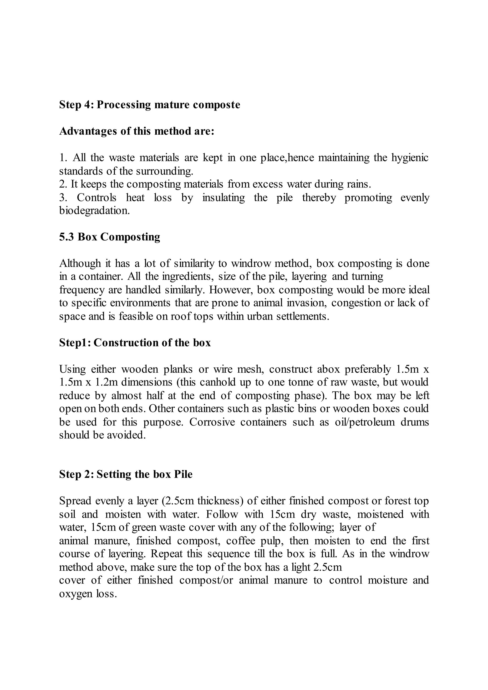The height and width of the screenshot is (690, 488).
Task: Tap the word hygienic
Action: pos(410,158)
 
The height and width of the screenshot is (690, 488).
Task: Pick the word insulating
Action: pos(224,198)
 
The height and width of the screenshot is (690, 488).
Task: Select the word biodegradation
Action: pos(94,211)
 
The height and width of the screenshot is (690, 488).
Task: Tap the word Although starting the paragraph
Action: pos(80,264)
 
